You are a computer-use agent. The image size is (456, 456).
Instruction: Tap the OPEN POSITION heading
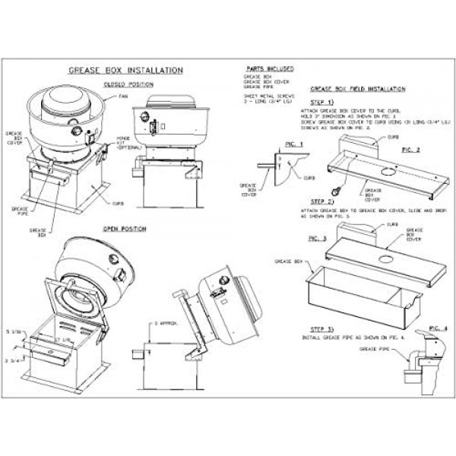pyautogui.click(x=125, y=228)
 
